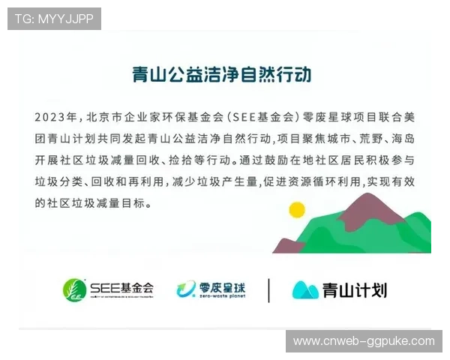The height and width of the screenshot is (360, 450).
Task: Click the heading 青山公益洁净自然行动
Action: click(221, 75)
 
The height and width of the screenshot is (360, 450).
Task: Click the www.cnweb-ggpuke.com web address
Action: click(364, 341)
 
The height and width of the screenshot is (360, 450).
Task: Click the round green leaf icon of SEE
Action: click(73, 289)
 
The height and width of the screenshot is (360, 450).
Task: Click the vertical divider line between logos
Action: click(268, 289)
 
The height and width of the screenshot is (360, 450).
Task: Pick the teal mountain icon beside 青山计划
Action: click(305, 289)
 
